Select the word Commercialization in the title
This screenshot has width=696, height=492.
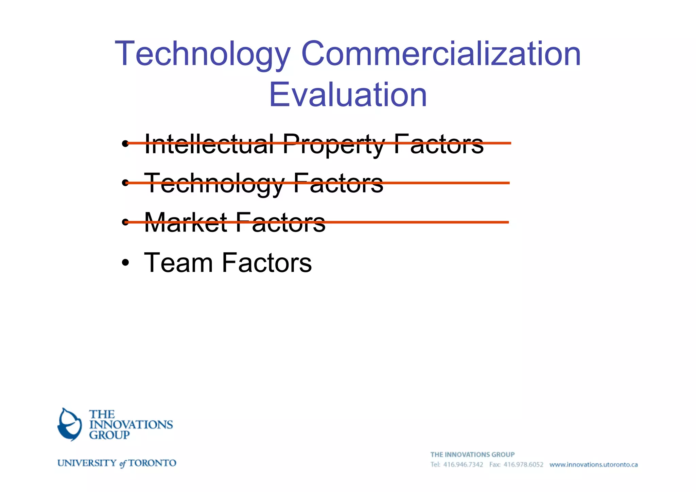tap(441, 54)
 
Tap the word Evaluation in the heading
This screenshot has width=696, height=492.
tap(348, 95)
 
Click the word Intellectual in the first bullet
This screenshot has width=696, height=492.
tap(209, 144)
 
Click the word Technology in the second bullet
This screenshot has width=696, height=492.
tap(214, 184)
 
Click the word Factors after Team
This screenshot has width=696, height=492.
tap(267, 263)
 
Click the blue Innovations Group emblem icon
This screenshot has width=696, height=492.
tap(70, 424)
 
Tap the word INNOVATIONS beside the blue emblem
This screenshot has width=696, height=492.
tap(131, 425)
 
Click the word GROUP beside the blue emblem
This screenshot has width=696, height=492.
tap(109, 435)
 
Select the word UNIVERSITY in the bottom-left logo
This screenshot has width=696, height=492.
tap(87, 463)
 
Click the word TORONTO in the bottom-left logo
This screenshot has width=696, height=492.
tap(152, 463)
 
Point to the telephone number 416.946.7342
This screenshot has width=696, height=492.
tap(463, 465)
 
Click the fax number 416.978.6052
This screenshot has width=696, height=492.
tap(523, 465)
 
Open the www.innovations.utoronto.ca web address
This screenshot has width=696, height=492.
tap(593, 465)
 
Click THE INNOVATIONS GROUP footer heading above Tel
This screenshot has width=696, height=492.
tap(472, 455)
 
